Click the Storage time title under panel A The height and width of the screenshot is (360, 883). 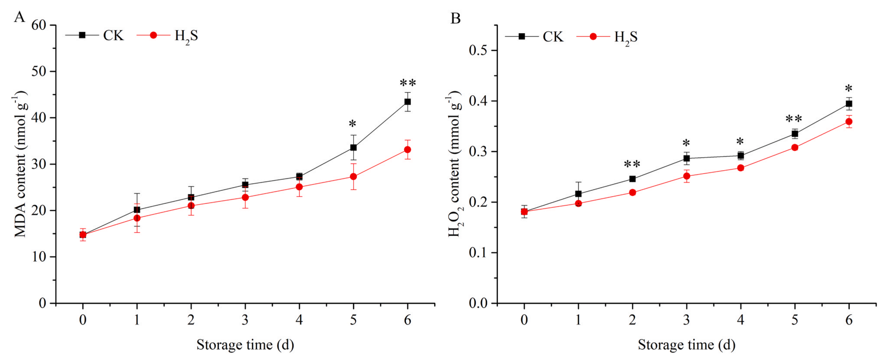pyautogui.click(x=245, y=345)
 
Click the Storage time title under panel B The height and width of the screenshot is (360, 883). pyautogui.click(x=686, y=345)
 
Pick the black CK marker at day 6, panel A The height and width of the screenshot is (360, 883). pyautogui.click(x=407, y=102)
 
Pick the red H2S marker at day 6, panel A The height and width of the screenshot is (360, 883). pyautogui.click(x=407, y=150)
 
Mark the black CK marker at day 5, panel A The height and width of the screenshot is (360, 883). pyautogui.click(x=353, y=148)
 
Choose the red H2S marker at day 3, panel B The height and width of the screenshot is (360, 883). pyautogui.click(x=686, y=176)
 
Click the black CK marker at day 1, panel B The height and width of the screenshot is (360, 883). pyautogui.click(x=578, y=194)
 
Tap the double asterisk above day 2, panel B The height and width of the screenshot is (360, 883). pyautogui.click(x=632, y=164)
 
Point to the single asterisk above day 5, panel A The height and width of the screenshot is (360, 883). pyautogui.click(x=352, y=124)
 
